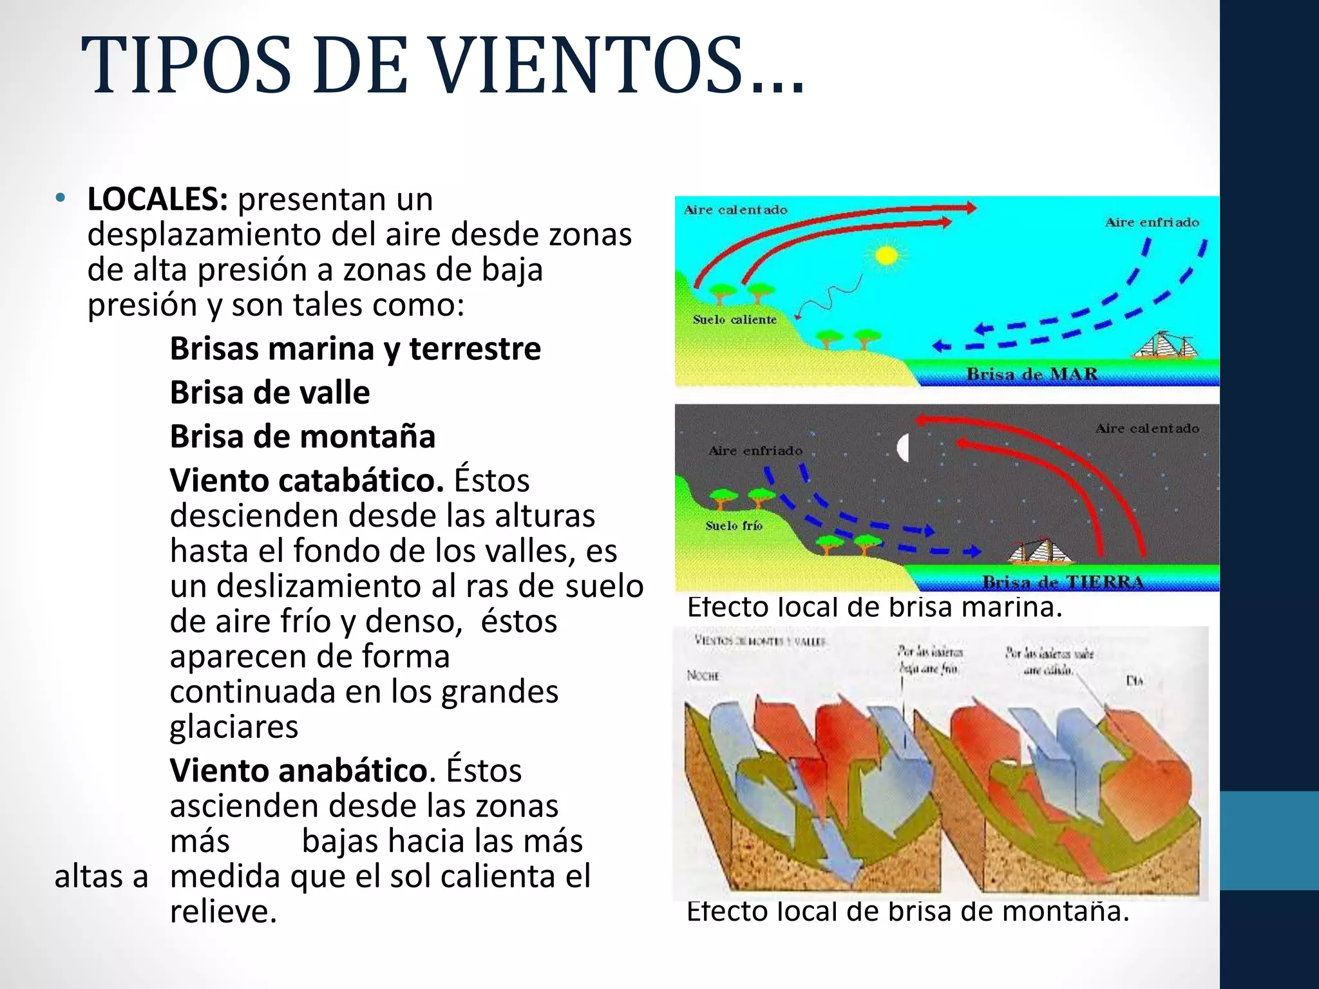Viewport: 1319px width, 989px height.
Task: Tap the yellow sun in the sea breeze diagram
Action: (x=887, y=256)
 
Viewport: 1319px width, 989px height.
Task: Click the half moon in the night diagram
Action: (x=903, y=447)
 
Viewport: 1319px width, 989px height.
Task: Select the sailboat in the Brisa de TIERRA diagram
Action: (x=1039, y=551)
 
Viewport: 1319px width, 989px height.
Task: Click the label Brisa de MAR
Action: (x=1032, y=374)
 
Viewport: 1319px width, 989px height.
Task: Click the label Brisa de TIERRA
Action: (x=1063, y=582)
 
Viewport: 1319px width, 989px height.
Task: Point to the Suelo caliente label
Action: (x=734, y=319)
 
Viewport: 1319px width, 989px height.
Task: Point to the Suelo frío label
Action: (x=734, y=525)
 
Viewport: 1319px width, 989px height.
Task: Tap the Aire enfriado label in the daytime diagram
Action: (x=1152, y=222)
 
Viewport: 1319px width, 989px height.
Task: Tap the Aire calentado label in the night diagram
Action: (x=1147, y=428)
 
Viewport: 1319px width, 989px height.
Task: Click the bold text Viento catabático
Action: (x=307, y=480)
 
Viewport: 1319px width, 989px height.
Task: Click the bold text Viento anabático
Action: (x=299, y=770)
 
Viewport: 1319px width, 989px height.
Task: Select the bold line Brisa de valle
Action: (x=270, y=393)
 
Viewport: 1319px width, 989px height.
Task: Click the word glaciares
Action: (x=234, y=727)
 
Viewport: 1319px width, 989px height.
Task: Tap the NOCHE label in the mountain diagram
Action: (x=703, y=675)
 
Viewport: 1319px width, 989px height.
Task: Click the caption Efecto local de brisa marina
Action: (x=874, y=607)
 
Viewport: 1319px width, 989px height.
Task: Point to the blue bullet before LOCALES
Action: (x=61, y=198)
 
